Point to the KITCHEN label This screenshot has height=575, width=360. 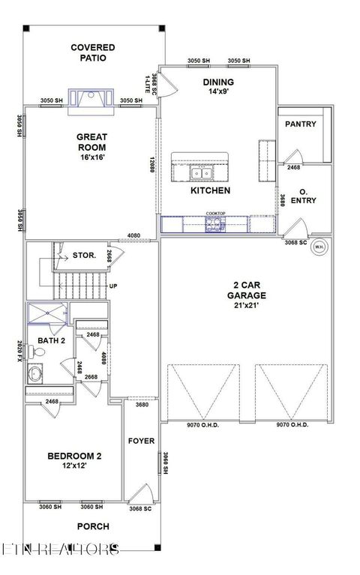point(210,191)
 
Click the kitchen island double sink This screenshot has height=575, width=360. point(200,174)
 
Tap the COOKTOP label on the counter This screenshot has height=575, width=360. point(216,214)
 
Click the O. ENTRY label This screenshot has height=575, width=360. point(303,196)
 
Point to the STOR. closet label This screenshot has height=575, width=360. point(83,256)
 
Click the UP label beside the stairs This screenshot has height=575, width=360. point(114,286)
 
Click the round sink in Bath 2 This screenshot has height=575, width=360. point(35,373)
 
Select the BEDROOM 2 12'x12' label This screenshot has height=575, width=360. point(74,461)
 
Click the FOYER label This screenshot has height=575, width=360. point(141,441)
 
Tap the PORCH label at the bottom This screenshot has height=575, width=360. point(93,526)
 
